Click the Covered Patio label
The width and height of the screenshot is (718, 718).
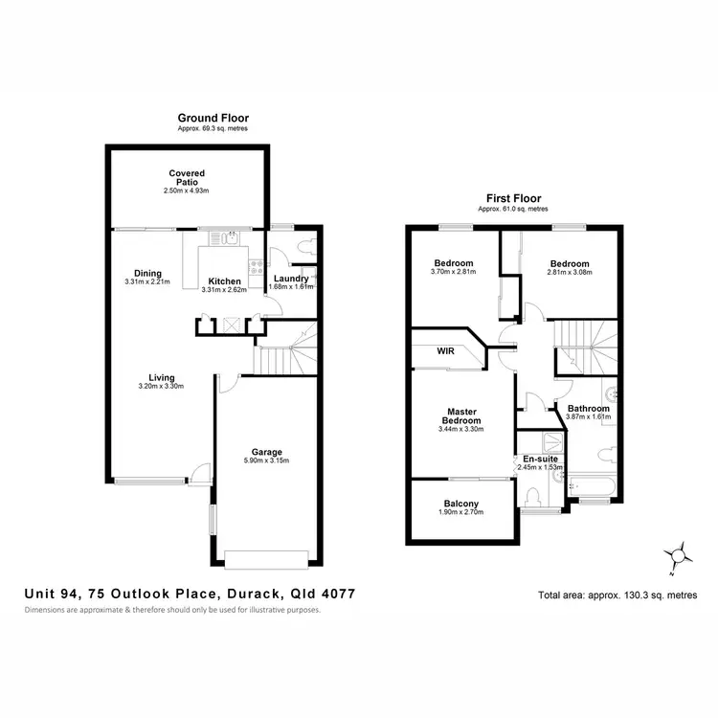coord(187,178)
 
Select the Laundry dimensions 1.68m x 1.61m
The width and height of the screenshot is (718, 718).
coord(291,287)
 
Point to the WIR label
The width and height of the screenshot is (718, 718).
coord(445,350)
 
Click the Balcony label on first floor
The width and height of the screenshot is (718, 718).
coord(461,504)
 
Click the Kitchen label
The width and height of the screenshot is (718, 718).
coord(225,281)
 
